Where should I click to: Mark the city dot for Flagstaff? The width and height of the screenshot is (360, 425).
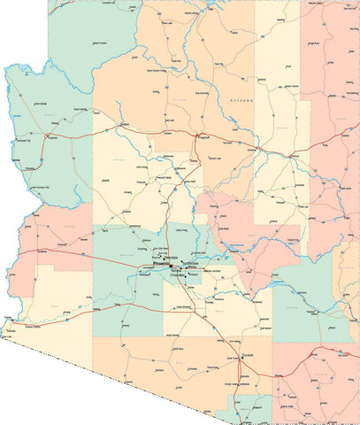pos(195,135)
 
